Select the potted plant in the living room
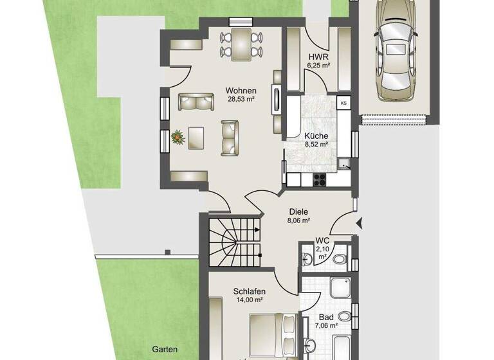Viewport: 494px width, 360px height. coord(177,136)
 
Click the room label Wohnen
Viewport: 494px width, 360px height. coord(241,91)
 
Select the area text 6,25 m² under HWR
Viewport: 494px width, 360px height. coord(318,66)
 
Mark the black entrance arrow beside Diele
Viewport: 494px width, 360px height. coord(359,223)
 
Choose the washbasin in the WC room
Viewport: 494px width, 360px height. coord(307,258)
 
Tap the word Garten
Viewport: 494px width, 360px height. coord(165,350)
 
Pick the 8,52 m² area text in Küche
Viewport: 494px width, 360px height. coord(316,145)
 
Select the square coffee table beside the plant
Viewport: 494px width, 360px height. coord(195,136)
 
